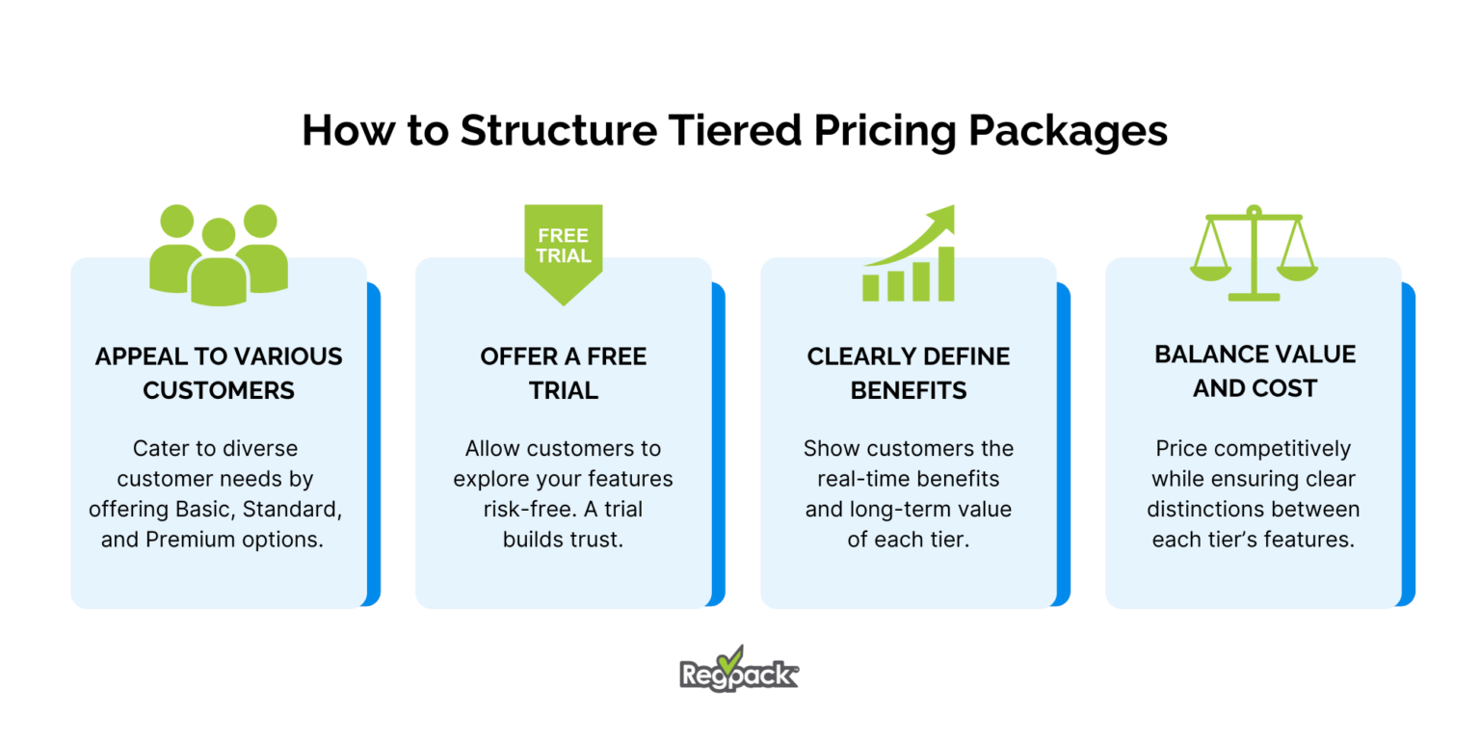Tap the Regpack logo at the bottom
(x=739, y=668)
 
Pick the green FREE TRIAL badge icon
(x=564, y=252)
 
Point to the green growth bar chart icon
(x=909, y=253)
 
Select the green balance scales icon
(x=1253, y=252)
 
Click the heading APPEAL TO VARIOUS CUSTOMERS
(x=219, y=373)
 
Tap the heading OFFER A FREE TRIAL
(x=564, y=373)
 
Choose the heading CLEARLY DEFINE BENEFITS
(x=909, y=373)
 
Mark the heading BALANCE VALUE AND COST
(x=1254, y=371)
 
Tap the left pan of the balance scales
(x=1211, y=272)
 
